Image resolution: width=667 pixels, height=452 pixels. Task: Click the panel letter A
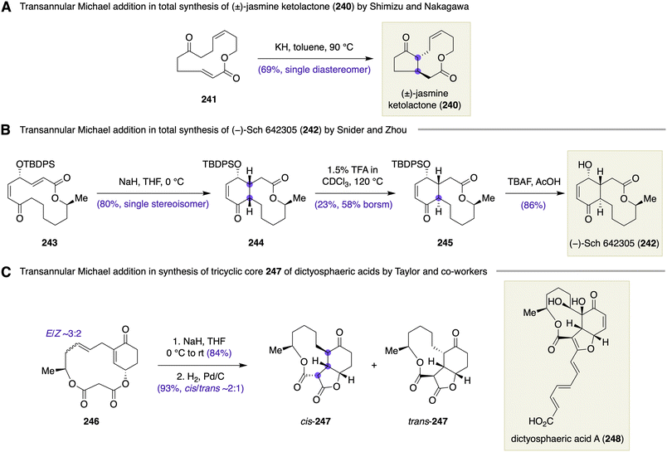tap(7, 7)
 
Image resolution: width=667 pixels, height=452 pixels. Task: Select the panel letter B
tap(6, 129)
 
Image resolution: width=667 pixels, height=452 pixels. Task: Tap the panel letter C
tap(7, 271)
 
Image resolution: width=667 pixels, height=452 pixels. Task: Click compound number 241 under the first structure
tap(208, 100)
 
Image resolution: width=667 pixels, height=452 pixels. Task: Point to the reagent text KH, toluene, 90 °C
tap(314, 47)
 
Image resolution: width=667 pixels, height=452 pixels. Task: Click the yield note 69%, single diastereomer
tap(314, 70)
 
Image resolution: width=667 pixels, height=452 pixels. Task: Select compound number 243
tap(49, 243)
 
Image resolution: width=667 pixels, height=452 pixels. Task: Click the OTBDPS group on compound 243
tap(36, 163)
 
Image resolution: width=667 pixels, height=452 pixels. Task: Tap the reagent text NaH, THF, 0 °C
tap(152, 182)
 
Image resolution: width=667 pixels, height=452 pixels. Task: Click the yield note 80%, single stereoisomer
tap(153, 204)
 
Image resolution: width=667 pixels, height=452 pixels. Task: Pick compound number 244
tap(256, 243)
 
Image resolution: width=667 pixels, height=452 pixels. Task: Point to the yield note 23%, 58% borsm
tap(353, 204)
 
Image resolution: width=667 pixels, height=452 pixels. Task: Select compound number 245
tap(445, 243)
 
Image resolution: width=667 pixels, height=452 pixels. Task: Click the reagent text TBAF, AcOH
tap(533, 182)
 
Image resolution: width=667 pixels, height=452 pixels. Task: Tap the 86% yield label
tap(533, 205)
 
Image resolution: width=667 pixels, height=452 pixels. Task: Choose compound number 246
tap(91, 421)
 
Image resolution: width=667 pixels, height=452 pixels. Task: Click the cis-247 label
tap(314, 421)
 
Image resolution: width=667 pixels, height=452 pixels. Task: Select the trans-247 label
tap(427, 421)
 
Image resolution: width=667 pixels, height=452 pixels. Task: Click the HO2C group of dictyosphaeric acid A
tap(541, 422)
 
